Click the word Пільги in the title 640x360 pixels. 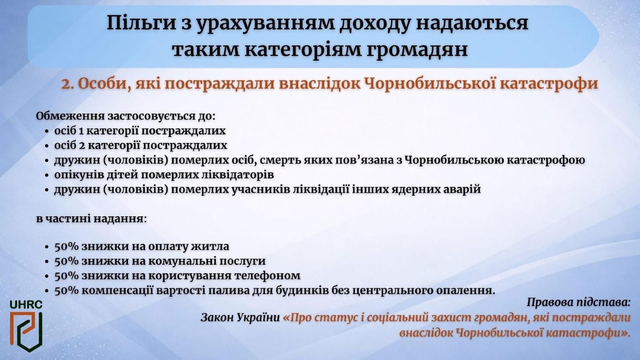tap(142, 24)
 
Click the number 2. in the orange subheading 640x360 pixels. tap(68, 84)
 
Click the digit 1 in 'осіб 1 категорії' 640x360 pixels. tap(81, 131)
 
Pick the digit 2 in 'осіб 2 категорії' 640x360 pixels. tap(82, 146)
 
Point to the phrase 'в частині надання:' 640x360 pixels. tap(92, 219)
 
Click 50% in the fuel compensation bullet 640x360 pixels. tap(66, 290)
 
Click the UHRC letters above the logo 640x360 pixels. tap(26, 304)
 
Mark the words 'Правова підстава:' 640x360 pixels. tap(578, 302)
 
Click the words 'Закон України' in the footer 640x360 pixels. tap(240, 318)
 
